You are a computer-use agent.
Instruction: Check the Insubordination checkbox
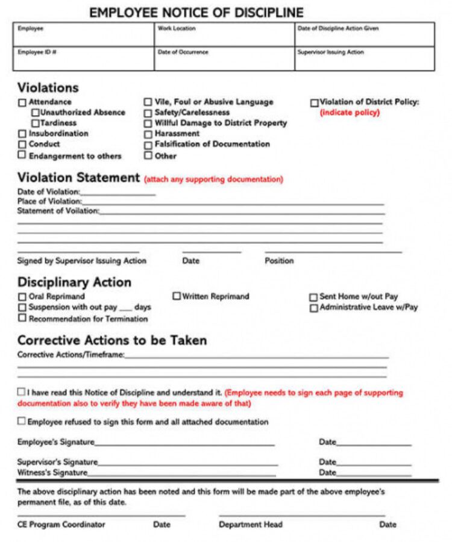click(22, 134)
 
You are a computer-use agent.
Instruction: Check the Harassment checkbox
click(148, 134)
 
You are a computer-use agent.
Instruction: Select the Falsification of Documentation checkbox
click(148, 145)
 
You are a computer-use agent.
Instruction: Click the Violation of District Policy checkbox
click(314, 103)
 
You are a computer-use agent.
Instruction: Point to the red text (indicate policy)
click(350, 113)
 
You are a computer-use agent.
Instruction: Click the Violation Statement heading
click(78, 178)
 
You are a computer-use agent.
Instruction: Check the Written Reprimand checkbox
click(177, 296)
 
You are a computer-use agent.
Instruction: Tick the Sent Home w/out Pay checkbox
click(313, 297)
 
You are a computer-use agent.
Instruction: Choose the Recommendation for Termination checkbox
click(22, 318)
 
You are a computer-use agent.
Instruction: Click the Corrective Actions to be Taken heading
click(111, 340)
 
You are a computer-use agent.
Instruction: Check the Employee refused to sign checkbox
click(22, 422)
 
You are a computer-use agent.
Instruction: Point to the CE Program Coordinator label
click(61, 525)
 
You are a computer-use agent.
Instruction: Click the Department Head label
click(251, 525)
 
